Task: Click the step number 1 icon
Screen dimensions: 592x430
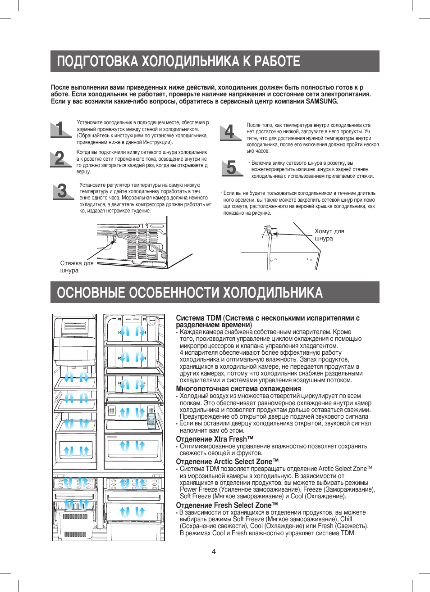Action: point(60,129)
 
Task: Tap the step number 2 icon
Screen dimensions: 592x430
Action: point(60,158)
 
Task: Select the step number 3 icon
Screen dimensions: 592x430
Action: point(63,191)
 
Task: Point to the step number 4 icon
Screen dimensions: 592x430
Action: point(230,132)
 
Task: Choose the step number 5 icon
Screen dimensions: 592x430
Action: point(232,168)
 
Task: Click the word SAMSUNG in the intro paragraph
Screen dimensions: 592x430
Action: point(322,101)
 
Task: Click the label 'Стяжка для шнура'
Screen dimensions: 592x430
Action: point(77,267)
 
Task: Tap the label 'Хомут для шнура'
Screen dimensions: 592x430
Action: point(329,235)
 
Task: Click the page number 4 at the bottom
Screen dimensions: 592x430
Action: point(214,551)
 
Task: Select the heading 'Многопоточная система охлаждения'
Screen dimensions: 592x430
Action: point(238,389)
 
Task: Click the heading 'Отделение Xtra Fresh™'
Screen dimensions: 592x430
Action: point(215,439)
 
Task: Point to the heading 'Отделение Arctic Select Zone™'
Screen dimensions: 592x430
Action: point(227,461)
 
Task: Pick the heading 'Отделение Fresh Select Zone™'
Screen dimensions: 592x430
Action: point(227,505)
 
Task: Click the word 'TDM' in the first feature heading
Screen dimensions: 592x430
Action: point(213,318)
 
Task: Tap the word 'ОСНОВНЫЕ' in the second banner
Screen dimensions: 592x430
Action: point(91,293)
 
